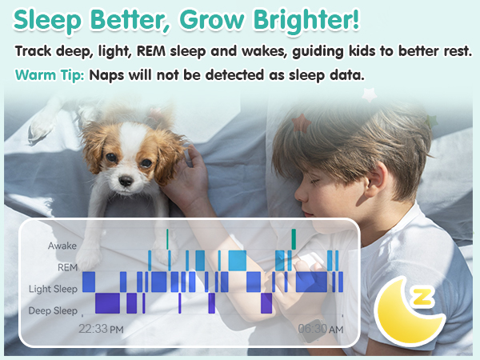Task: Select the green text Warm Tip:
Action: (50, 76)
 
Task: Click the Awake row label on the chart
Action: (62, 246)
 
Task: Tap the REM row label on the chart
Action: (68, 267)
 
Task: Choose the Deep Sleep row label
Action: (54, 310)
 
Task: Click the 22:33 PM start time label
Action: (101, 329)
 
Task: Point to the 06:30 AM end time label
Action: (321, 329)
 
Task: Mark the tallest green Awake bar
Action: (294, 238)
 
